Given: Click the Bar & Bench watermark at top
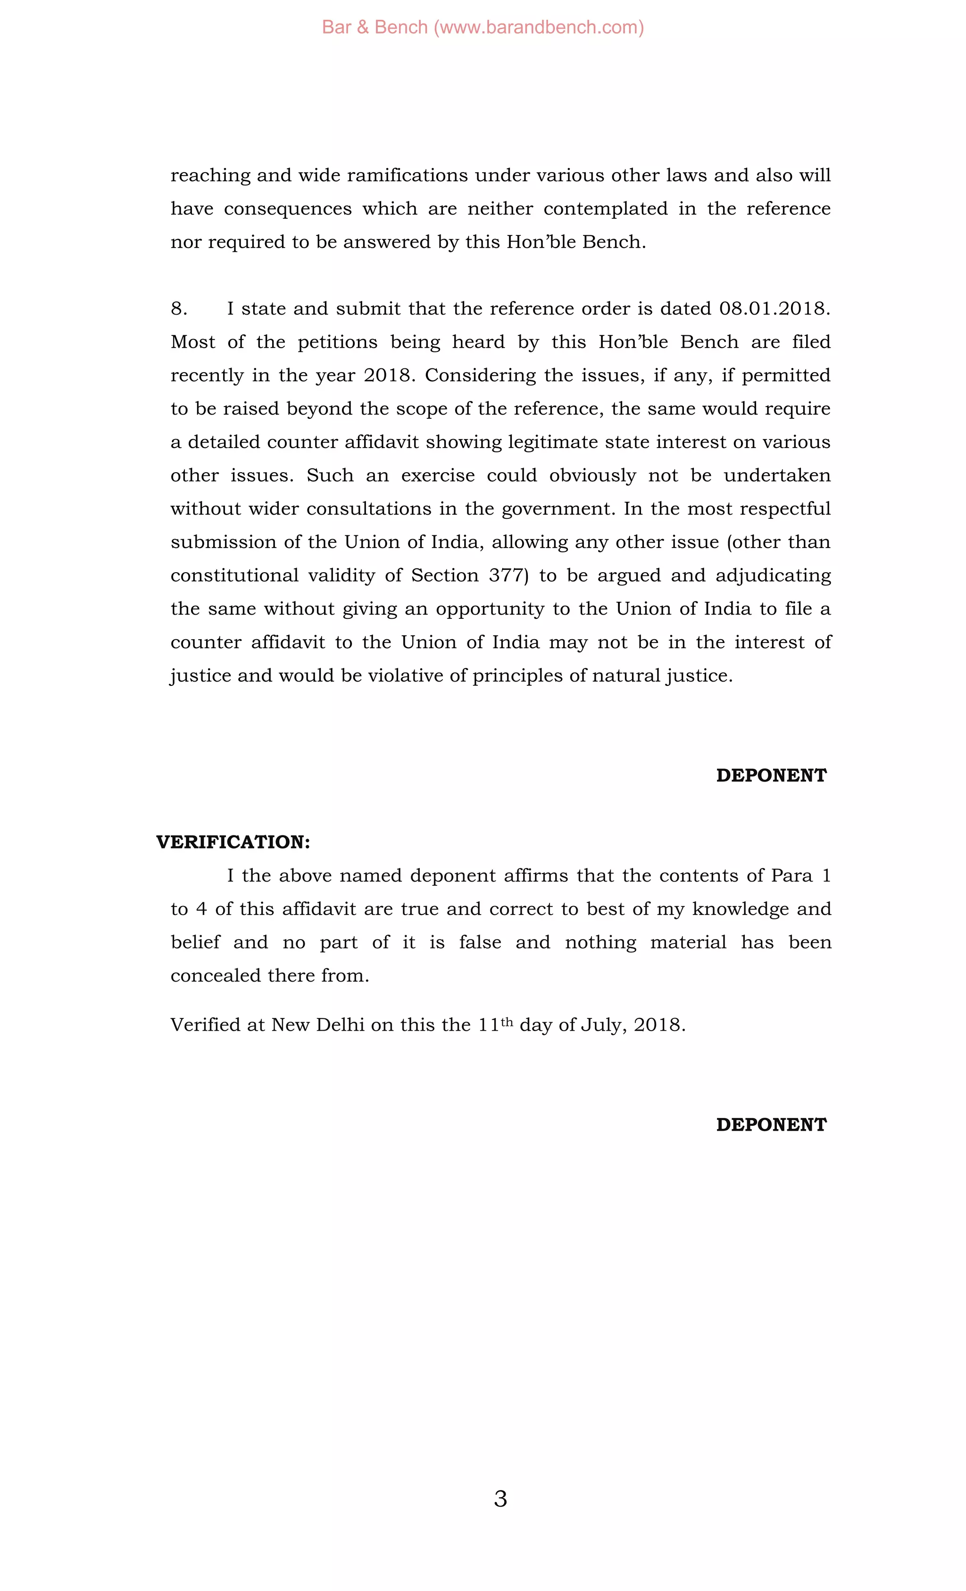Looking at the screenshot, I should coord(483,27).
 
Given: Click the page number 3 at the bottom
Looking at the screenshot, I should coord(500,1499).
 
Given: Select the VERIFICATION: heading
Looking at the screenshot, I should coord(233,842).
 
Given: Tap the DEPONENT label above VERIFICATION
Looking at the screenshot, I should coord(771,775).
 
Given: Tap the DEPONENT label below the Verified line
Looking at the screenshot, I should coord(771,1125).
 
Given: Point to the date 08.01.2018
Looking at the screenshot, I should coord(774,308).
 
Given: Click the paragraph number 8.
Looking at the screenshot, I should coord(179,308).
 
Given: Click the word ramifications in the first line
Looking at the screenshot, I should coord(408,175).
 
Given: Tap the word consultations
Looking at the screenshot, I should coord(369,509).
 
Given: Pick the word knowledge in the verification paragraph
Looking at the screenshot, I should coord(740,909).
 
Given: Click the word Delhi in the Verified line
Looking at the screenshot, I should coord(340,1025).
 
